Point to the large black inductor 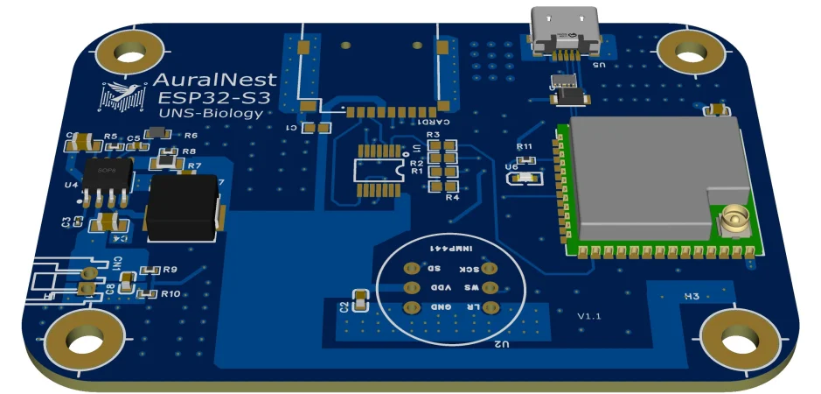click(183, 208)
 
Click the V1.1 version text click(588, 315)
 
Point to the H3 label click(691, 297)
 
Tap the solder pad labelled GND click(409, 307)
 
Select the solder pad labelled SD click(409, 269)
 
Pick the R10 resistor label click(170, 294)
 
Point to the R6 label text click(191, 136)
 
